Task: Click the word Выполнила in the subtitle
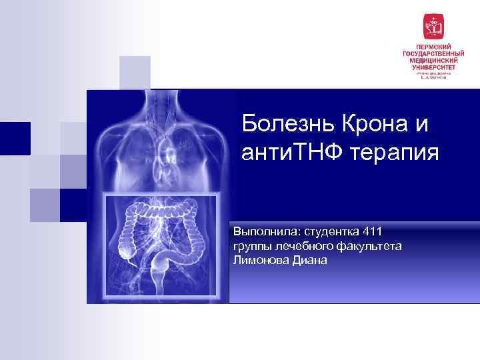coord(265,231)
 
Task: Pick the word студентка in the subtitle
coord(329,231)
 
